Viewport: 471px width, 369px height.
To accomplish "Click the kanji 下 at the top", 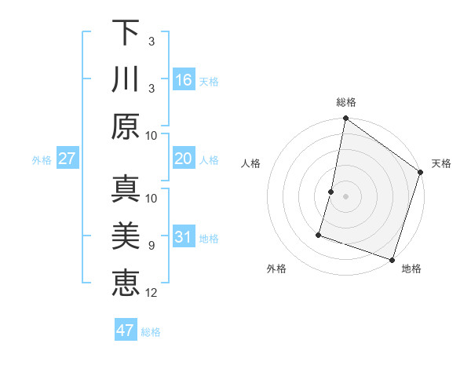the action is [126, 33].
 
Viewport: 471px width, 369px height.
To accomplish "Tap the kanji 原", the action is [126, 126].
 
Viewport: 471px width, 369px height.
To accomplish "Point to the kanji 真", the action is [126, 189].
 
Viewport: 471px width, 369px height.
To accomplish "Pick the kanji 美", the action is [126, 236].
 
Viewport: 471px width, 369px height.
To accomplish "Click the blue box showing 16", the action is [184, 79].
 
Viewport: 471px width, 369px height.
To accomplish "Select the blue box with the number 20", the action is [184, 159].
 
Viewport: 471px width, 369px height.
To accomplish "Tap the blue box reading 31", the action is [184, 237].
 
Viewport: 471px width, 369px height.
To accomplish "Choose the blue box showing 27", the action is [67, 159].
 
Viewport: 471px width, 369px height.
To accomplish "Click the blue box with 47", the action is [126, 331].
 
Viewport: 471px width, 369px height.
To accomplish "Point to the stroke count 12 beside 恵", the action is [152, 293].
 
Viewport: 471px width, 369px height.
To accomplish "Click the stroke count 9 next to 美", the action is [152, 246].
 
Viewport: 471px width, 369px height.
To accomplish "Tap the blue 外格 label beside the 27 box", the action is [42, 160].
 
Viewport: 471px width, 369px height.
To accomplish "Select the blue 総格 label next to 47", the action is [151, 332].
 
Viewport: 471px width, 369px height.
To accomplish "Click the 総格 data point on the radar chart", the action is [345, 119].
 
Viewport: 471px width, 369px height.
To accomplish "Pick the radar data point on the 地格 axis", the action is [392, 259].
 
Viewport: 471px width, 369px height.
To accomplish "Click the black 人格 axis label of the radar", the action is [251, 163].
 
